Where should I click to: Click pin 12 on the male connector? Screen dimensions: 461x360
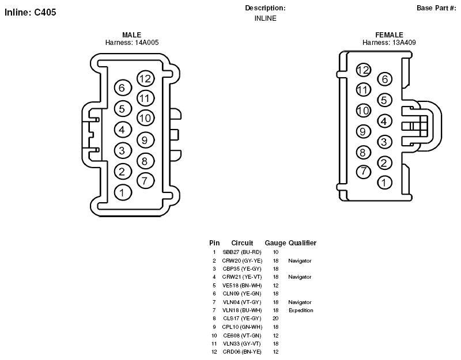[x=146, y=78]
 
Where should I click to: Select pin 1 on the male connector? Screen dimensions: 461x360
[x=123, y=192]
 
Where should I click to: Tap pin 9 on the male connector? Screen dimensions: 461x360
[x=146, y=140]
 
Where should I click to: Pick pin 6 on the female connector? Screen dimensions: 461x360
[x=384, y=79]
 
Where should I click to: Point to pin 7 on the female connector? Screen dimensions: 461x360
[x=364, y=171]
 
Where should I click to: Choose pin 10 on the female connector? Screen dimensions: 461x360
[x=364, y=111]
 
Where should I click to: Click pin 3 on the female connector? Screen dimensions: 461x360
[x=384, y=142]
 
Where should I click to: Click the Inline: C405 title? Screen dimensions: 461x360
[x=31, y=12]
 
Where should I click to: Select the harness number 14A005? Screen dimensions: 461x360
[x=147, y=43]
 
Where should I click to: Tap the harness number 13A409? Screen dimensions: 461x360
[x=404, y=43]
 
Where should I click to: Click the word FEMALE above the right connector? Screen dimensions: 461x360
[x=390, y=35]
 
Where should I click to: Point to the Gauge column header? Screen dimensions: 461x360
[x=275, y=243]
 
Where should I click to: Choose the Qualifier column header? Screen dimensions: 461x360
[x=303, y=243]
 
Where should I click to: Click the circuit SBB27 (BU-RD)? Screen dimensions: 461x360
[x=242, y=252]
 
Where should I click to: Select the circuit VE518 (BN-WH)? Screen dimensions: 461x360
[x=242, y=285]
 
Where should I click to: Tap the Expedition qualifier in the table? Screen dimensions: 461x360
[x=301, y=310]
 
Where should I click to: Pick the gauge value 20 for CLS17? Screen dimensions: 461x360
[x=275, y=319]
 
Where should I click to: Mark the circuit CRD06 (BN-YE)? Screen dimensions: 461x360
[x=242, y=352]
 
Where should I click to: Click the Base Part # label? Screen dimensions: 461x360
[x=437, y=8]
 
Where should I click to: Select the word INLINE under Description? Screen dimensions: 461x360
[x=266, y=18]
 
